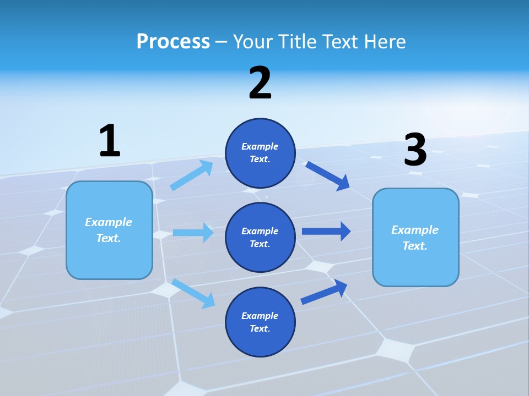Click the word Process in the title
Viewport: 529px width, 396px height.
click(173, 42)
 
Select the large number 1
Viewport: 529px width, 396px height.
click(110, 141)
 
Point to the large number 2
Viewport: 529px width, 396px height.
click(260, 84)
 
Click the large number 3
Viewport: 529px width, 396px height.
click(415, 150)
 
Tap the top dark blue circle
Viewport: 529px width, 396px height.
click(260, 153)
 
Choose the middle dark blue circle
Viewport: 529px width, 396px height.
click(260, 237)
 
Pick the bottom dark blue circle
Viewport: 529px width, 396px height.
click(260, 322)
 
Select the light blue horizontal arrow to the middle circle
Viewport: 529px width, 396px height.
click(193, 233)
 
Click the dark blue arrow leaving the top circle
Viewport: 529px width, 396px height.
click(328, 175)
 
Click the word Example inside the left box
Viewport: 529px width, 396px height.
click(109, 222)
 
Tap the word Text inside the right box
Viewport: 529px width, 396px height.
click(414, 246)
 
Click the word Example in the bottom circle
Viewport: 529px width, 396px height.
click(260, 316)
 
